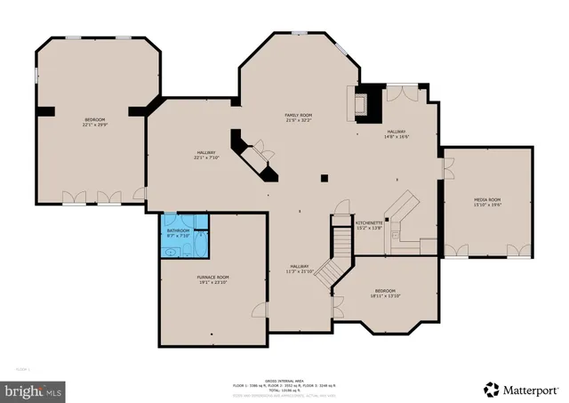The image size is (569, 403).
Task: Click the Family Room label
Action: click(298, 117)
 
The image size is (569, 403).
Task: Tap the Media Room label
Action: click(486, 202)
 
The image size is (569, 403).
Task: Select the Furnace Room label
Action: click(212, 279)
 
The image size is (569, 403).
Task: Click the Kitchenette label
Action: click(368, 226)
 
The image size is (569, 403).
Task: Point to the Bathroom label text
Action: click(179, 233)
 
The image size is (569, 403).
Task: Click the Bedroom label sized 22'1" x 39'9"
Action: click(94, 122)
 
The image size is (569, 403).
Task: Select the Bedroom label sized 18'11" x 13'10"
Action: click(385, 293)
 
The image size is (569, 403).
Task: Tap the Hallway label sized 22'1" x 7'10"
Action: click(206, 156)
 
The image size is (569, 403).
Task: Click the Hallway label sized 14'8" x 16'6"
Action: click(396, 133)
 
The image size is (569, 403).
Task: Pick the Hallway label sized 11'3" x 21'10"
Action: click(300, 269)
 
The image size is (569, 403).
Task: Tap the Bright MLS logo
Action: click(35, 390)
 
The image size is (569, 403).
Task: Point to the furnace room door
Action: click(258, 310)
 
